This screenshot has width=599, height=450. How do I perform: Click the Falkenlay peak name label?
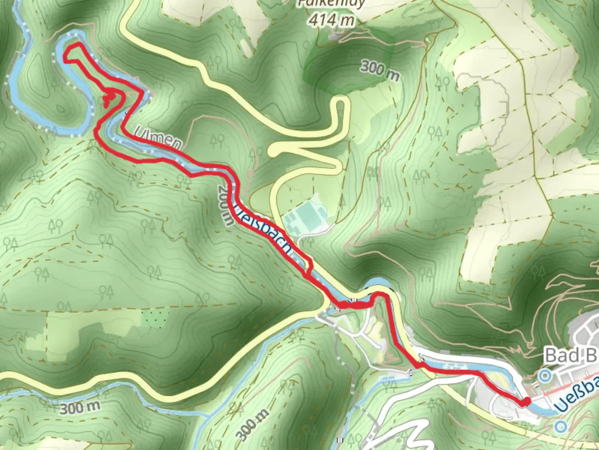(x=332, y=4)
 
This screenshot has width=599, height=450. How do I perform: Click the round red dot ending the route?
(x=526, y=402)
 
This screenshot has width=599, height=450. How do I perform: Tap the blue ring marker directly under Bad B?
(x=544, y=376)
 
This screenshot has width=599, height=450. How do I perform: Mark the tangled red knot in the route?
(x=110, y=98)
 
